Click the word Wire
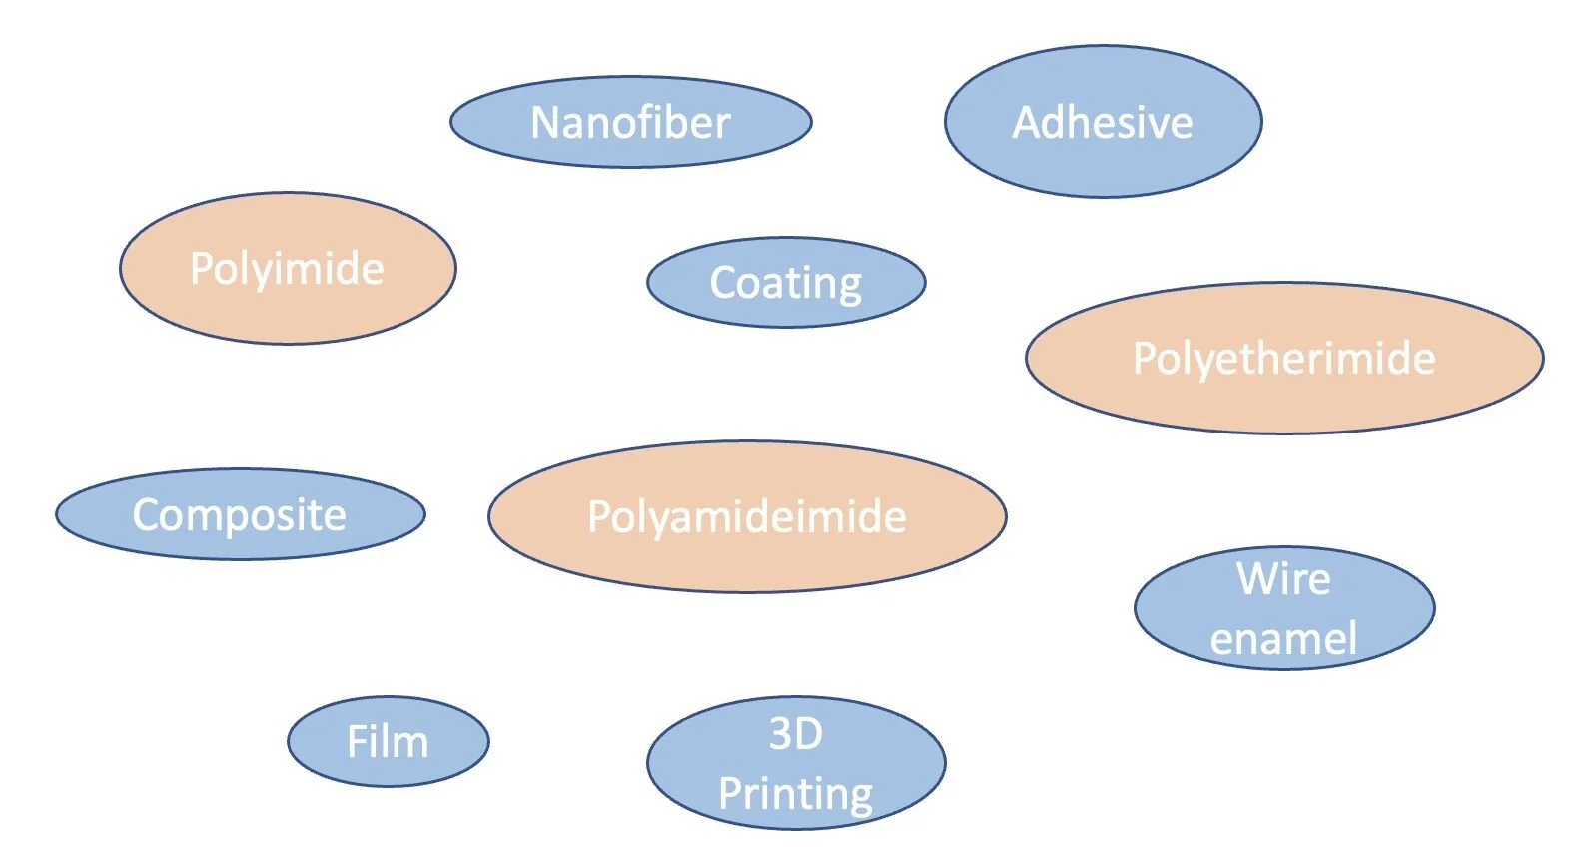(1284, 578)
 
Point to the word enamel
(1284, 638)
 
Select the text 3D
(795, 734)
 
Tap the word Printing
(795, 794)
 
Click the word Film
(388, 741)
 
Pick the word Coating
(786, 283)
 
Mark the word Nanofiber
(630, 122)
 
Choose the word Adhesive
(1103, 122)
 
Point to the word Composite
(240, 515)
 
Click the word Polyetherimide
(1284, 358)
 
